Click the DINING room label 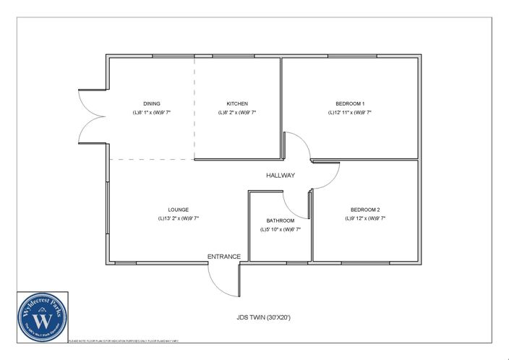point(151,103)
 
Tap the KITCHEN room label point(237,103)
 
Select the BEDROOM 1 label point(350,103)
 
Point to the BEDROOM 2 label point(365,209)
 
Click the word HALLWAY point(280,176)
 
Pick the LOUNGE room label point(178,210)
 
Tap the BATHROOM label point(280,220)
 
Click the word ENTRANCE point(224,257)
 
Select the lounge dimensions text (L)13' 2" point(178,218)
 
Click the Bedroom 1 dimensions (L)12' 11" point(350,113)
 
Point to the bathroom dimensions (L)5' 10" point(280,229)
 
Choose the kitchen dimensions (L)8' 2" point(237,113)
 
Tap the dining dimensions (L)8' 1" point(151,113)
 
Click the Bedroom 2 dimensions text point(365,218)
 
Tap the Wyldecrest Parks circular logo point(43,317)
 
